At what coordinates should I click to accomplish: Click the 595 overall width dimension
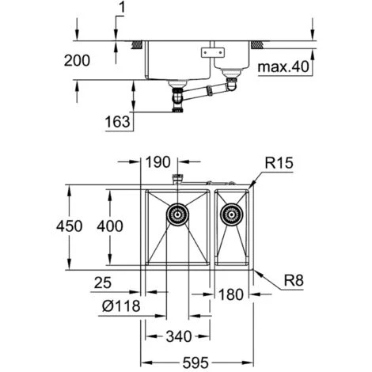[x=195, y=363]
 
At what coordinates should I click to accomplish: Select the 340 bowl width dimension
[x=179, y=336]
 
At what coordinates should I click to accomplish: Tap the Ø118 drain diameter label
[x=121, y=306]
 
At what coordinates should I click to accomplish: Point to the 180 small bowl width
[x=230, y=294]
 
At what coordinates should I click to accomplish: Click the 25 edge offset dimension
[x=103, y=283]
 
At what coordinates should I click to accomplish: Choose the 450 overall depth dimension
[x=69, y=226]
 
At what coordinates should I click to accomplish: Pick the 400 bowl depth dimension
[x=110, y=226]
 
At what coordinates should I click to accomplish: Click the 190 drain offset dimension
[x=158, y=162]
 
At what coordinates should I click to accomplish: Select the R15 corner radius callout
[x=279, y=163]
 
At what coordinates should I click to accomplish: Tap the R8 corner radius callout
[x=294, y=280]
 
